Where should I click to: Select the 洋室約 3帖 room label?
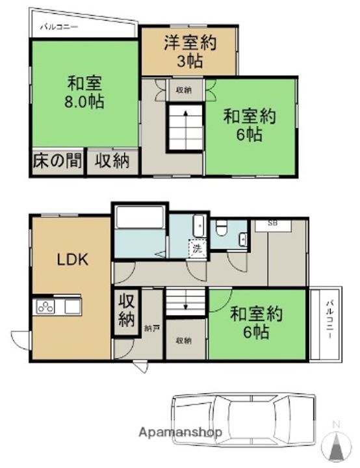[189, 52]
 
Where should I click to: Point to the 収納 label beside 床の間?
[112, 161]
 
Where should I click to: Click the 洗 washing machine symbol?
[195, 248]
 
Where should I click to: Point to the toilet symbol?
[222, 227]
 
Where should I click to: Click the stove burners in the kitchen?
[46, 307]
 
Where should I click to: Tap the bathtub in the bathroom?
[141, 220]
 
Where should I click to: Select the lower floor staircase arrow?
[186, 302]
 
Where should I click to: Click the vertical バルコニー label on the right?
[329, 322]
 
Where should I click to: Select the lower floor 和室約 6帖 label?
[257, 323]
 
